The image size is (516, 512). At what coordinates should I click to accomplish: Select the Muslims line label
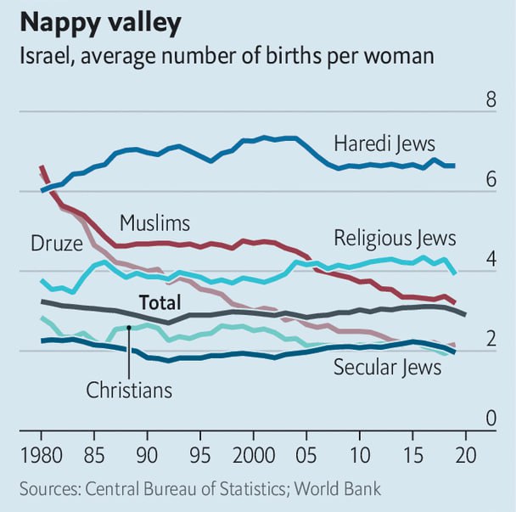154,223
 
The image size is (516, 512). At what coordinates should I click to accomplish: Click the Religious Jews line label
395,237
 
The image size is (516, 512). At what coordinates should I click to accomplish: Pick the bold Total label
161,301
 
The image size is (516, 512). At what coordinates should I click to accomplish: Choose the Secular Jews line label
387,367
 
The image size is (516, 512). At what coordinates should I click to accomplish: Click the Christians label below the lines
129,390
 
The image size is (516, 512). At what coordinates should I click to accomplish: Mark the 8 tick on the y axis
491,101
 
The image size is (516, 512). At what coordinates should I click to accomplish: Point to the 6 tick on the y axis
491,181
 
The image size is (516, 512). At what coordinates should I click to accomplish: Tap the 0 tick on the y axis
491,419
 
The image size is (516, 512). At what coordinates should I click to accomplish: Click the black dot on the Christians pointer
128,327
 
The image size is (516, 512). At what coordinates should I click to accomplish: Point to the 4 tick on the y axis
491,261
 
